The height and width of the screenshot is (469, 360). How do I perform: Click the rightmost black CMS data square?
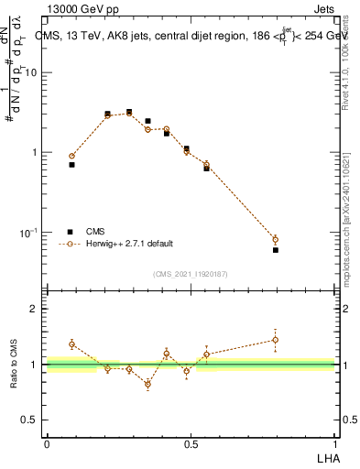(x=276, y=250)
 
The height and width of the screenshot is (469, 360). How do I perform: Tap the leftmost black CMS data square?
(x=71, y=165)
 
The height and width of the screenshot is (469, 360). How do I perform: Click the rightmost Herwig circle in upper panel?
(x=276, y=240)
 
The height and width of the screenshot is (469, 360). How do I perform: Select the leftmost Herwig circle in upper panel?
(x=71, y=157)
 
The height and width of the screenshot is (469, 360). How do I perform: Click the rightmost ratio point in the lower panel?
(x=276, y=340)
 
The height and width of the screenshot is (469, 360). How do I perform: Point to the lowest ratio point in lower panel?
(x=147, y=384)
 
